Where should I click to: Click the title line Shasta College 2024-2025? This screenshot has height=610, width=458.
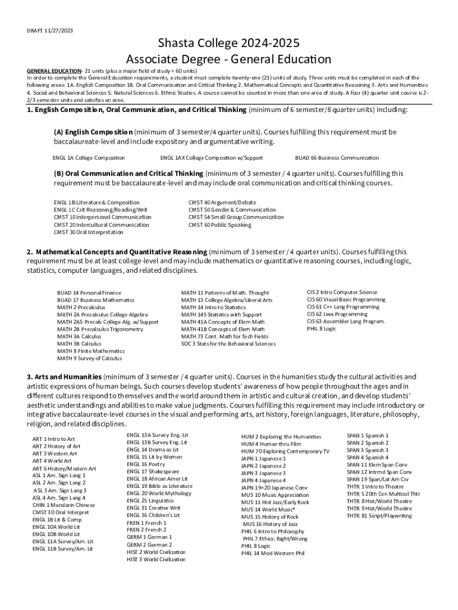[x=228, y=43]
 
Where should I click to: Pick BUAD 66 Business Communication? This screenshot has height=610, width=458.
[x=337, y=158]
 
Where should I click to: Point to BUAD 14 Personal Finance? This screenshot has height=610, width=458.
[x=89, y=293]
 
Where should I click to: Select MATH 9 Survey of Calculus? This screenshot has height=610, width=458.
[x=89, y=359]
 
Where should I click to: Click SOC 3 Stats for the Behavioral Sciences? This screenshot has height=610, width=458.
[x=228, y=344]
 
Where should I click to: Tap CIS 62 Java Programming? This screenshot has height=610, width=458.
[x=337, y=314]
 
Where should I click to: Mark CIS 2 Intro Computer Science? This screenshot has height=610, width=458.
[x=341, y=292]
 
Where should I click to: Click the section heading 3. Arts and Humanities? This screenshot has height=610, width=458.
[x=64, y=377]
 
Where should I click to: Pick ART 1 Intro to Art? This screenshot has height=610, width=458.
[x=54, y=439]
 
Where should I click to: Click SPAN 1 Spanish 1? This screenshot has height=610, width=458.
[x=367, y=435]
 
